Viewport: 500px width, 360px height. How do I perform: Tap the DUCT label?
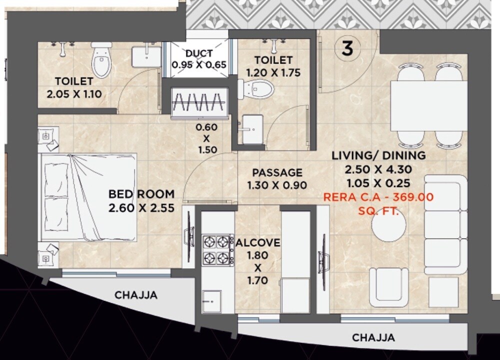199,53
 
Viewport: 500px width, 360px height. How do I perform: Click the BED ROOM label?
141,194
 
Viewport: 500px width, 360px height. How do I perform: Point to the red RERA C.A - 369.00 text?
378,197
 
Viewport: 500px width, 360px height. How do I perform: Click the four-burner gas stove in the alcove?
218,249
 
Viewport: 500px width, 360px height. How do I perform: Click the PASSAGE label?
277,172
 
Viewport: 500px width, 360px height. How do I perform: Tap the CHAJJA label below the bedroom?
136,295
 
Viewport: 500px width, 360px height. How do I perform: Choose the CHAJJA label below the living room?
373,337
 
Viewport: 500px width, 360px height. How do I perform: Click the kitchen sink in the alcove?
212,301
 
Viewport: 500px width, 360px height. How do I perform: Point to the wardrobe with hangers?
199,103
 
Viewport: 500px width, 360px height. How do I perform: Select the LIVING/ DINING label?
378,155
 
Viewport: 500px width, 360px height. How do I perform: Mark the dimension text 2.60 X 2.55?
141,207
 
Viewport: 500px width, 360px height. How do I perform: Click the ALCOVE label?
258,243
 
